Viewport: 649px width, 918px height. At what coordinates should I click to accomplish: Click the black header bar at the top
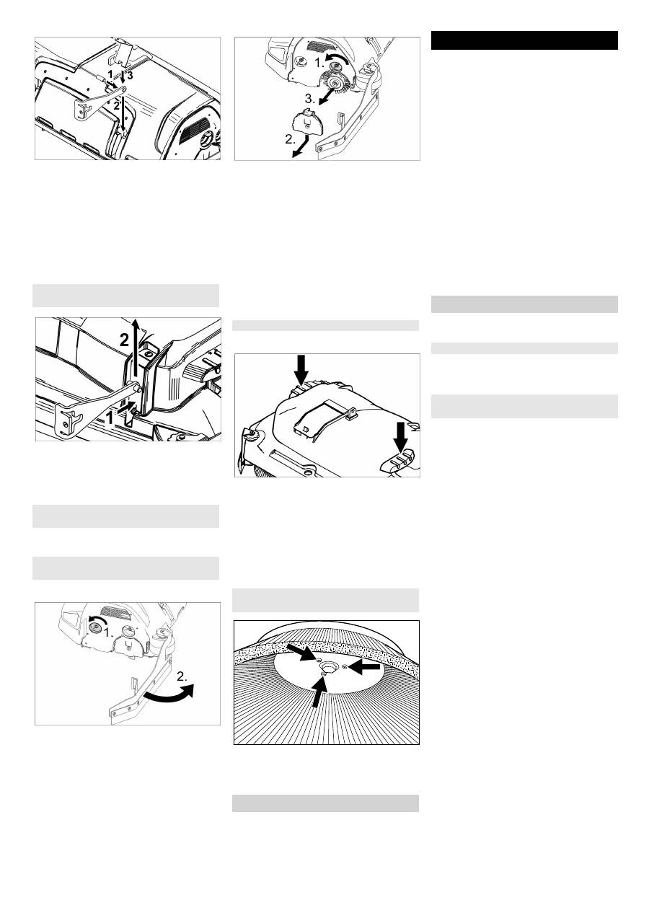[x=524, y=40]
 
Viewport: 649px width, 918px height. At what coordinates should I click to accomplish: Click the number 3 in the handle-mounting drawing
[x=130, y=76]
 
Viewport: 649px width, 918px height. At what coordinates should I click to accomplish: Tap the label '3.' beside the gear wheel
[x=310, y=99]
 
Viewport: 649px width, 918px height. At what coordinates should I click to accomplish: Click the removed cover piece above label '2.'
[x=307, y=122]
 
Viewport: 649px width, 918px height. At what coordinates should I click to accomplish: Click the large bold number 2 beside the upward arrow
[x=124, y=340]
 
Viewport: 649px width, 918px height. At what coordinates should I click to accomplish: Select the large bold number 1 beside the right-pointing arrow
[x=110, y=418]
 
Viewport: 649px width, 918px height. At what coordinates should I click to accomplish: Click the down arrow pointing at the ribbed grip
[x=400, y=438]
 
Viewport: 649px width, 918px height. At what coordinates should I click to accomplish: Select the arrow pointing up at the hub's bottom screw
[x=319, y=692]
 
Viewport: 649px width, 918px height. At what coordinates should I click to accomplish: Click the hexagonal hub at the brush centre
[x=328, y=666]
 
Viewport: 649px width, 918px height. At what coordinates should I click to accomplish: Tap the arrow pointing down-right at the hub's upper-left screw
[x=301, y=652]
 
